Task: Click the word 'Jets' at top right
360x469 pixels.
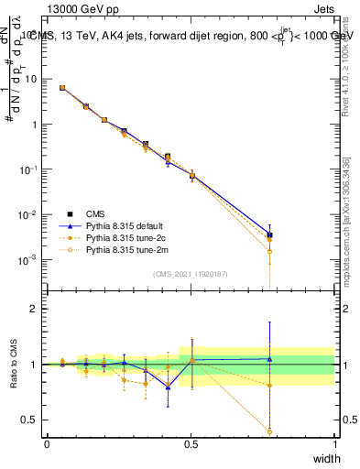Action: tap(323, 8)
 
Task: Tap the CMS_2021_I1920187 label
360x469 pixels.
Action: tap(191, 272)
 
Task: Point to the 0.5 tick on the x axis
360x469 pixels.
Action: tap(191, 444)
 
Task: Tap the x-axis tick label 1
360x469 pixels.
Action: tap(334, 444)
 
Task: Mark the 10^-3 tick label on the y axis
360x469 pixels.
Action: tap(28, 260)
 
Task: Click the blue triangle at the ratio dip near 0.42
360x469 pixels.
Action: tap(168, 387)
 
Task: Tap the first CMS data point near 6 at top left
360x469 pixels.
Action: tap(62, 88)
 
